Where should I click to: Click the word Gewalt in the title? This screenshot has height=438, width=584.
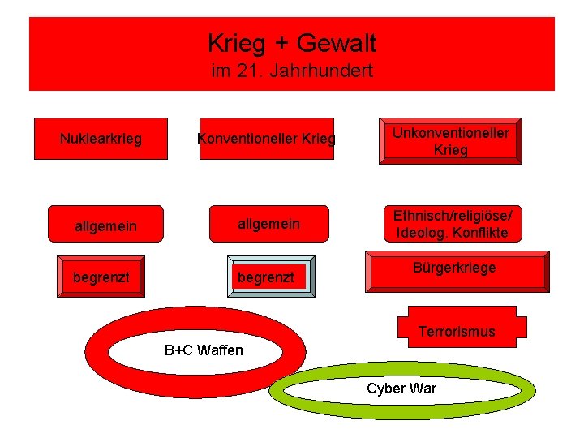(x=337, y=42)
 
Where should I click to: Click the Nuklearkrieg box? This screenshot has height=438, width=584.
(x=101, y=139)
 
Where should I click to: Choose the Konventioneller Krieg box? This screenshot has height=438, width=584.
(x=267, y=139)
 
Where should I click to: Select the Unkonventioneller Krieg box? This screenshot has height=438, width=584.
(x=451, y=141)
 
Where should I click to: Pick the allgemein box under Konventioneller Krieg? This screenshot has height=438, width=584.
(x=268, y=224)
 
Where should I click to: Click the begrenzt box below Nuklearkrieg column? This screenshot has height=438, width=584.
(x=101, y=277)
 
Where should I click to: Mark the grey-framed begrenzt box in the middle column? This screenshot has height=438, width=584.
(x=266, y=277)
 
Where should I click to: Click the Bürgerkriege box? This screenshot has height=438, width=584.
(x=455, y=270)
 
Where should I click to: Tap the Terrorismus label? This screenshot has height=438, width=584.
(x=457, y=331)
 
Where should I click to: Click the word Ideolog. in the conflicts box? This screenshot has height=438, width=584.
(x=420, y=233)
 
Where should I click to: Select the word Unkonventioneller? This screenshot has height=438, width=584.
(x=451, y=133)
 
